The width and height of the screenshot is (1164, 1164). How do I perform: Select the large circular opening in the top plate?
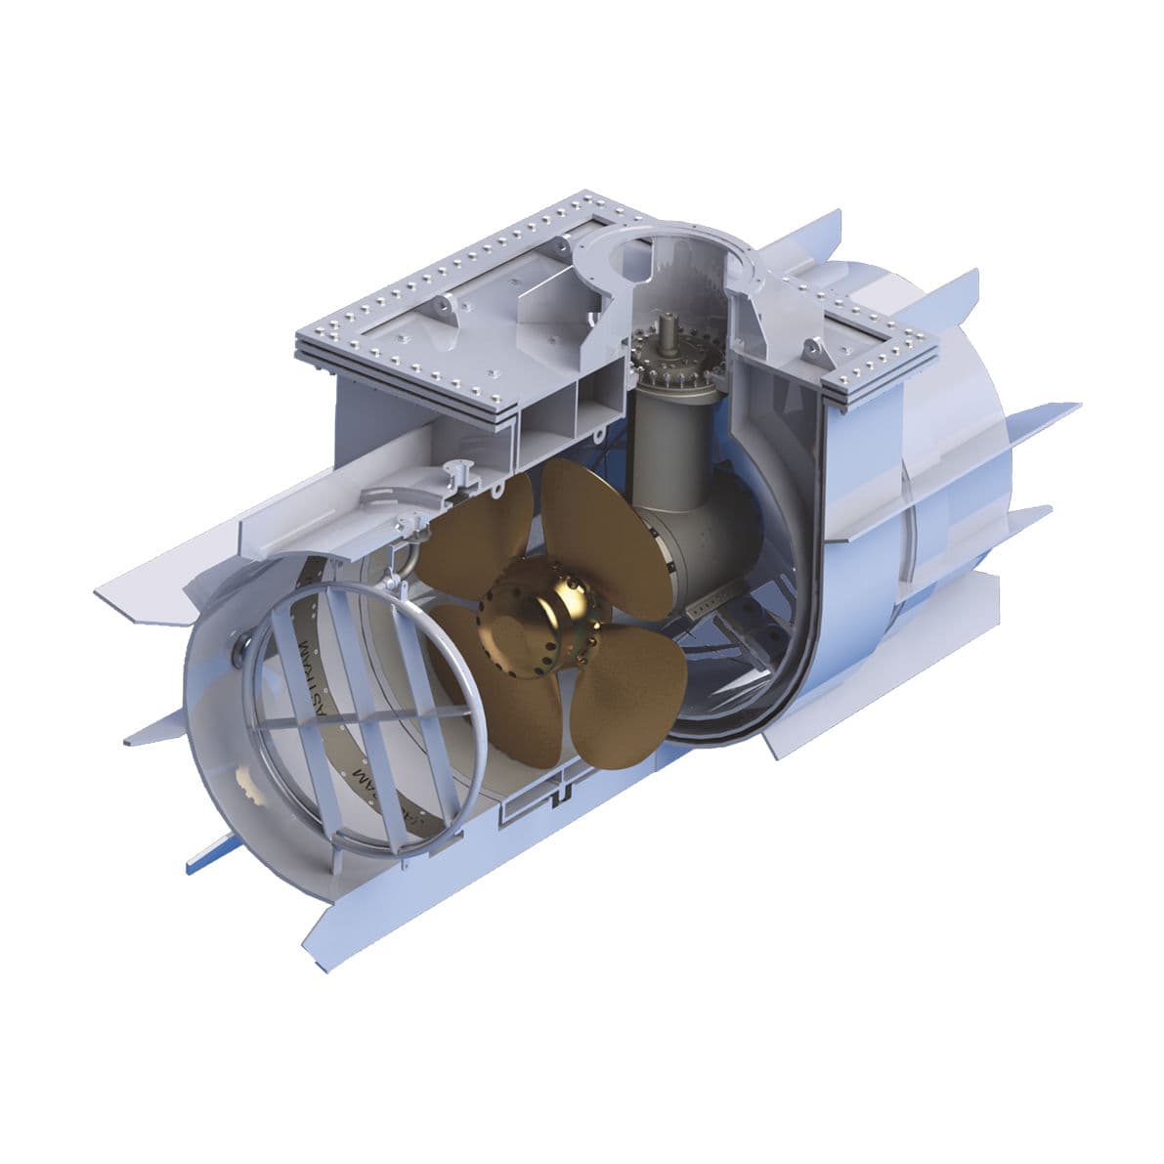point(674,256)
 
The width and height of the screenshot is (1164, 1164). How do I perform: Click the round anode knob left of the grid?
point(239,645)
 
